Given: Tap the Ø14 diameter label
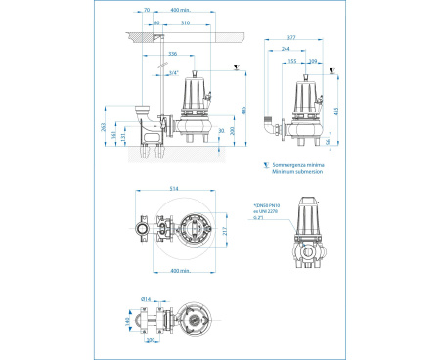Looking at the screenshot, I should click(x=146, y=298).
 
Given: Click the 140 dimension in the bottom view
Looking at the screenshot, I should click(x=127, y=319).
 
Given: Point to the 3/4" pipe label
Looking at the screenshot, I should click(x=172, y=73).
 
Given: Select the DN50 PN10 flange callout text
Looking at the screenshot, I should click(x=267, y=206).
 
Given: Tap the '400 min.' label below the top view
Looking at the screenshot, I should click(x=178, y=269).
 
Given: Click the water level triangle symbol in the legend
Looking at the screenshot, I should click(x=265, y=165).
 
